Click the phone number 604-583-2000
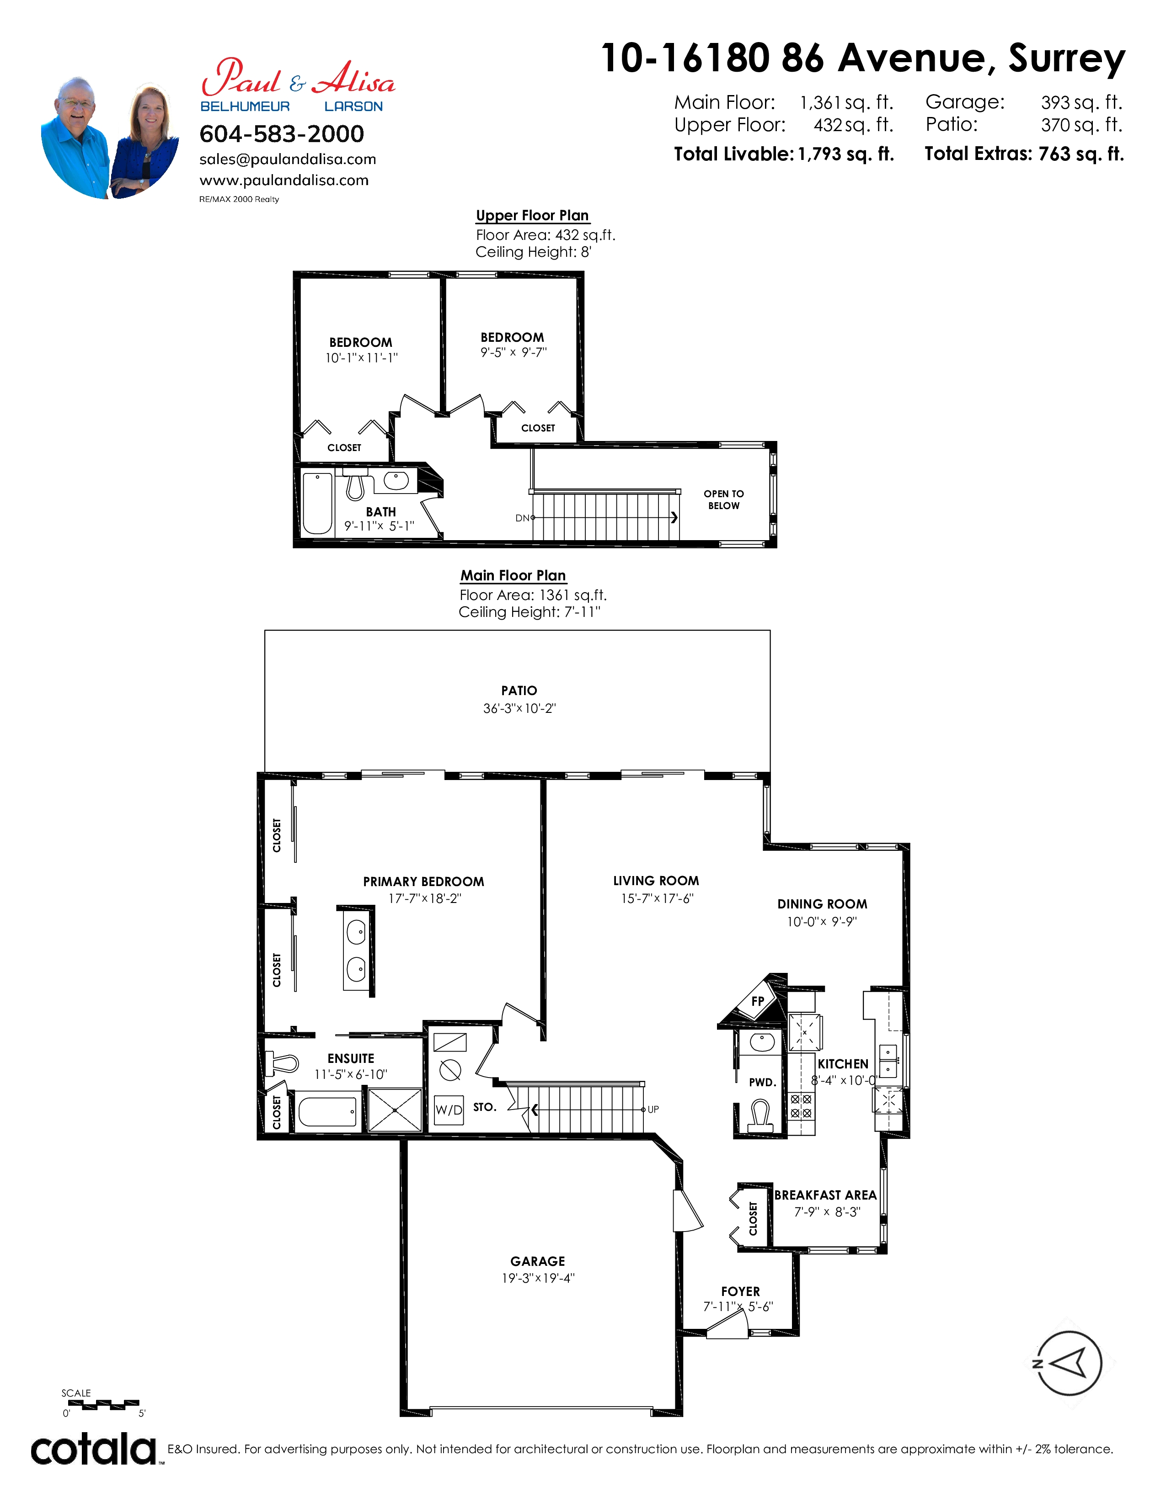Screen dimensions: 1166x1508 tap(281, 134)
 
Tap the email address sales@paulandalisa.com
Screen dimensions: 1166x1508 tap(287, 159)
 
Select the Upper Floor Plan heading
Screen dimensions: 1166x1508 tap(532, 215)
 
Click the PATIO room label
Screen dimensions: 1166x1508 tap(519, 690)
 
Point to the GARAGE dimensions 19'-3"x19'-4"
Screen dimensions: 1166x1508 tap(538, 1278)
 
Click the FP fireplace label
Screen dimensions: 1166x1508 tap(758, 1001)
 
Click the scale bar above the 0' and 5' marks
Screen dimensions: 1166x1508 tap(104, 1404)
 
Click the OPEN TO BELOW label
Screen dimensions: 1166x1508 tap(724, 499)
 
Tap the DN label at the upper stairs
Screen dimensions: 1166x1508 tap(522, 518)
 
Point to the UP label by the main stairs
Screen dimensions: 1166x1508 tap(653, 1110)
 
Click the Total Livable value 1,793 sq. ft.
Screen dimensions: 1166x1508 tap(845, 154)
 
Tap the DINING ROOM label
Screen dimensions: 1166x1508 tap(822, 904)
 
